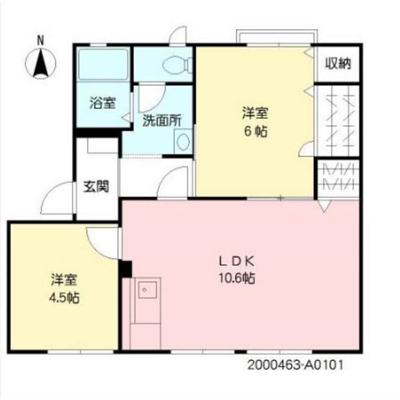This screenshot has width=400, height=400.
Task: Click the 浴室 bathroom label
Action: (103, 103)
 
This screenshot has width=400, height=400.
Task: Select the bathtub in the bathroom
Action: (103, 65)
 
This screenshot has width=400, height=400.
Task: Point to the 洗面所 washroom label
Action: (162, 121)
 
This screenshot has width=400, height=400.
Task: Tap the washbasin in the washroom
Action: (182, 141)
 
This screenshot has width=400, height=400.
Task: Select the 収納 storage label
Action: (338, 64)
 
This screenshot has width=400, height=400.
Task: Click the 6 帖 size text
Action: (255, 131)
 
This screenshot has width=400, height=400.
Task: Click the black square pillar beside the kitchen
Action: (125, 270)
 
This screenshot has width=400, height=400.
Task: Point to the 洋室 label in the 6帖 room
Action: (255, 113)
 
